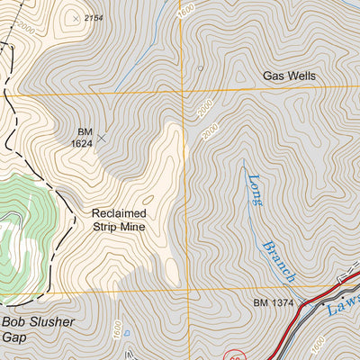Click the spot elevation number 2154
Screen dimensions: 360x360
pyautogui.click(x=94, y=18)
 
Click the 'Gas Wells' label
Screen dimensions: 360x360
pyautogui.click(x=289, y=76)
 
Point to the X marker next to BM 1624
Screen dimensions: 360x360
pyautogui.click(x=101, y=139)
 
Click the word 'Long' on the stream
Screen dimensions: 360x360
pyautogui.click(x=255, y=190)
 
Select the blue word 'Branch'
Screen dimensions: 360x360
pyautogui.click(x=277, y=260)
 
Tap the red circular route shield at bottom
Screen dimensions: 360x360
pyautogui.click(x=234, y=355)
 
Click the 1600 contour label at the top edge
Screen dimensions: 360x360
pyautogui.click(x=186, y=10)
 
